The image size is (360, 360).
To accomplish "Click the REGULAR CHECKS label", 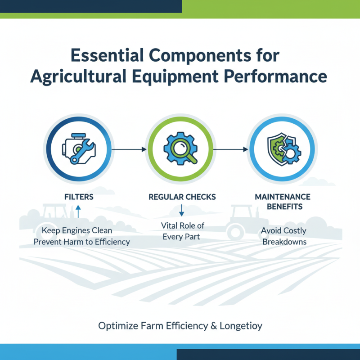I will click(x=182, y=197).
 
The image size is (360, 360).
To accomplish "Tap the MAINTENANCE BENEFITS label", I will click(x=282, y=202).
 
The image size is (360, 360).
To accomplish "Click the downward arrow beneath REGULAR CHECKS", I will click(x=182, y=210).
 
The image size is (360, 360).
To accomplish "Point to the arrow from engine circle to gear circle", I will click(x=129, y=148).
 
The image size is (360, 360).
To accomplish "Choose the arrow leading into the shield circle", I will click(x=231, y=148).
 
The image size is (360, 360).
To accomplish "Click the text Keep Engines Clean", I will click(x=77, y=230).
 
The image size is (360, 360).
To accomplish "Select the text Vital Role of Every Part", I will click(x=182, y=231).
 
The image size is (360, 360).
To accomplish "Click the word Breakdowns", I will click(x=284, y=242).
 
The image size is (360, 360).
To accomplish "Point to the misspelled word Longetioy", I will click(x=241, y=326).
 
